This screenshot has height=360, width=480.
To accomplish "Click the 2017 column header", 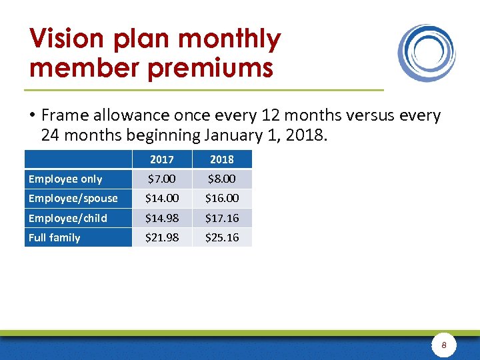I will [162, 159].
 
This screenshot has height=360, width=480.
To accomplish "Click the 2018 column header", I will [222, 159].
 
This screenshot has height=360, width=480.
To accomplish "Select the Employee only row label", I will [65, 179].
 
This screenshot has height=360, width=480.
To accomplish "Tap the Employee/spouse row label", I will [73, 198].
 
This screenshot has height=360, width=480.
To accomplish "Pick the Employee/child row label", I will [67, 218].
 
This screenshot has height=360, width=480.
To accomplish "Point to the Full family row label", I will [54, 237].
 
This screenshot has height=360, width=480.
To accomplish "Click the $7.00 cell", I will [162, 179].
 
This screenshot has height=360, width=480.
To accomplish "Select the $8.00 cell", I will [222, 179].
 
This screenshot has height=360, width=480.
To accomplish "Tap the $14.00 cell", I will [162, 198].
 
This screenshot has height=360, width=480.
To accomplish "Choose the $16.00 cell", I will [222, 198].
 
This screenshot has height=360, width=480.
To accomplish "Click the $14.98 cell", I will [162, 218].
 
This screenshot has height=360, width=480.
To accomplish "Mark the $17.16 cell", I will [222, 218].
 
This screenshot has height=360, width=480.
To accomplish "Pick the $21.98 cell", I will [162, 237].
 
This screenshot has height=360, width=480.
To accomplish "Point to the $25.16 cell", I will [222, 237].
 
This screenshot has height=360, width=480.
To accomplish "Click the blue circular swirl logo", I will [427, 53].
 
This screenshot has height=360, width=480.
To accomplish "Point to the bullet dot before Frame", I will [32, 116].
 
